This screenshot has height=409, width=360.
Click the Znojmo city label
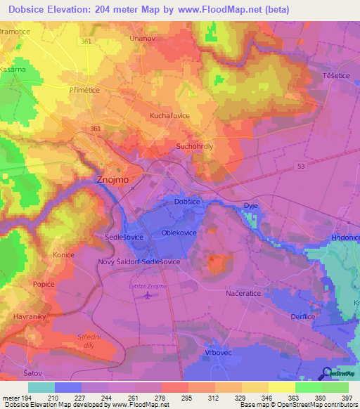[x=110, y=180]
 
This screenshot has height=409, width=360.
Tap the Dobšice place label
[x=188, y=202]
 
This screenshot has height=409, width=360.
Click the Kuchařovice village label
[x=171, y=115]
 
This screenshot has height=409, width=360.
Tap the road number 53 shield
[x=300, y=164]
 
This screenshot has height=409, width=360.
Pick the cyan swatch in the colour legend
[x=41, y=387]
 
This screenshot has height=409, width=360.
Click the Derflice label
[x=302, y=317]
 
